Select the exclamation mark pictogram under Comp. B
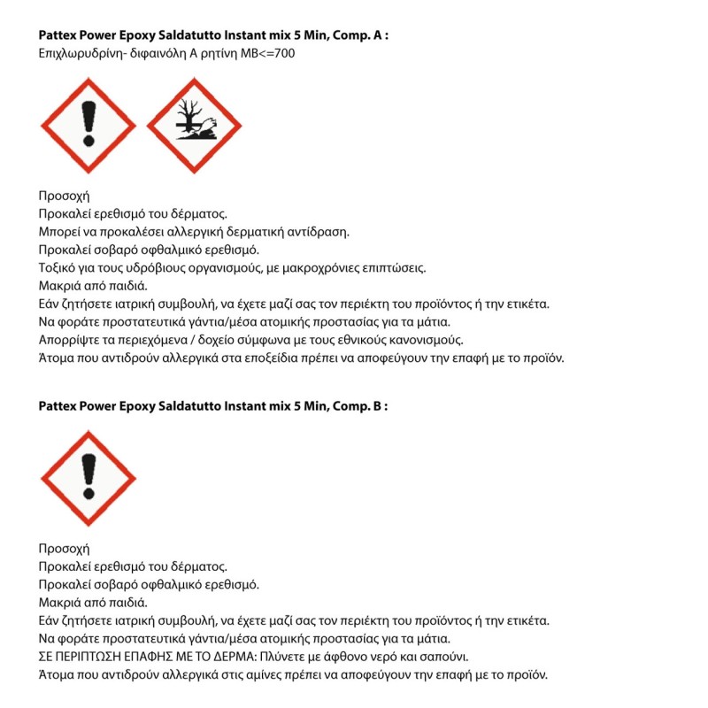pos(88,478)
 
